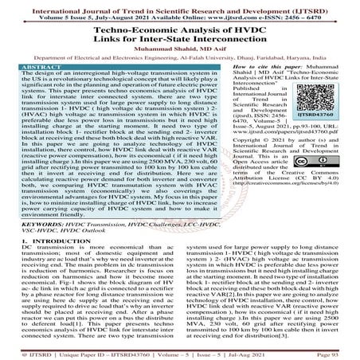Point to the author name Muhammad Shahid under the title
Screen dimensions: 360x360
151,47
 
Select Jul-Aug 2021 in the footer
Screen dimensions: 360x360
276,352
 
